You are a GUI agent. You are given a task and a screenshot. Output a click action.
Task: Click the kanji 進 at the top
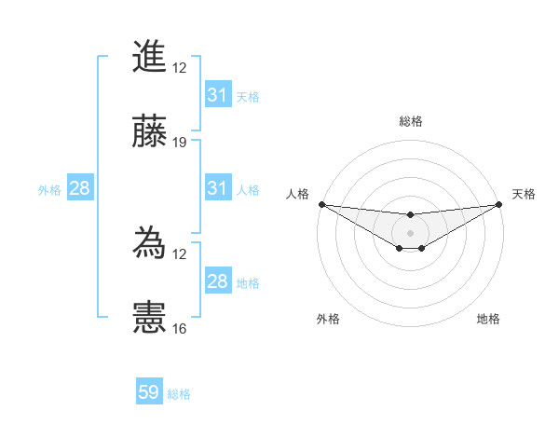tap(150, 57)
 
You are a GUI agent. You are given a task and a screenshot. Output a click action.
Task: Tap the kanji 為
tap(150, 243)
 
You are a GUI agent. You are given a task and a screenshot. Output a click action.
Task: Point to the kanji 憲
tap(150, 317)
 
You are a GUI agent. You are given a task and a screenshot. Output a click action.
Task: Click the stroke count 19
tap(180, 143)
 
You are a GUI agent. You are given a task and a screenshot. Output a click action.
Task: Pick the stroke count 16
tap(180, 329)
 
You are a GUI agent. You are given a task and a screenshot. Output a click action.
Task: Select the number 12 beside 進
tap(180, 68)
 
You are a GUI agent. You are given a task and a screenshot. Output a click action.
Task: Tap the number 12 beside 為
tap(180, 253)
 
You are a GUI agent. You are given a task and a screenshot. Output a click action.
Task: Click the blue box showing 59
tap(149, 392)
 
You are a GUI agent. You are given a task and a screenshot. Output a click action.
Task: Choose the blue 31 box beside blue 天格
tap(217, 95)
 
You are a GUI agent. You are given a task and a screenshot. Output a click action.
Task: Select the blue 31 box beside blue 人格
tap(217, 188)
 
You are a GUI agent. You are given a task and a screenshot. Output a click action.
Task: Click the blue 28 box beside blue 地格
tap(217, 281)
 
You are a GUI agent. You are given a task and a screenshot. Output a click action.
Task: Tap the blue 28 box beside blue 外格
tap(80, 188)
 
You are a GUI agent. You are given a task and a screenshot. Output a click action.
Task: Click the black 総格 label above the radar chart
tap(410, 121)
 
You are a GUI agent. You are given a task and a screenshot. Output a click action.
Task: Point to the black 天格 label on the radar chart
tap(524, 194)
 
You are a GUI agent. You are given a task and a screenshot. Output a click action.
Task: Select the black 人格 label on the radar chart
tap(297, 194)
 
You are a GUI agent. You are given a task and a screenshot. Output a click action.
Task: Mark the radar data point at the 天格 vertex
tap(499, 204)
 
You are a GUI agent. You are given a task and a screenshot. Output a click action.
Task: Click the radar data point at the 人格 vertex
tap(321, 204)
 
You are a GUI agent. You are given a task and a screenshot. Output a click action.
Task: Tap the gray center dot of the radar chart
tap(410, 232)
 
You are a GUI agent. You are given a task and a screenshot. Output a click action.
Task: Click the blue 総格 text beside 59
tap(179, 394)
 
